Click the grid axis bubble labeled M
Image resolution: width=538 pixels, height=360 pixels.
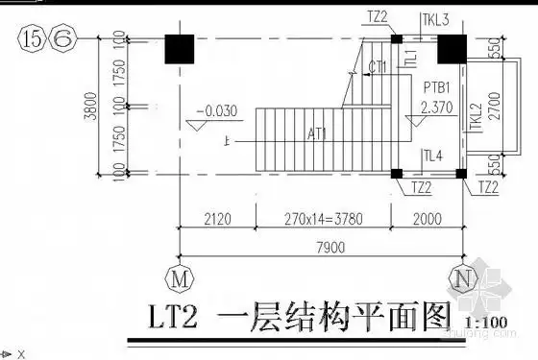[x=179, y=278]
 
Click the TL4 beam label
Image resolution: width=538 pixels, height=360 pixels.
[x=432, y=155]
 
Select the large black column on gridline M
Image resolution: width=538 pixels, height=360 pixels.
[x=180, y=49]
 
